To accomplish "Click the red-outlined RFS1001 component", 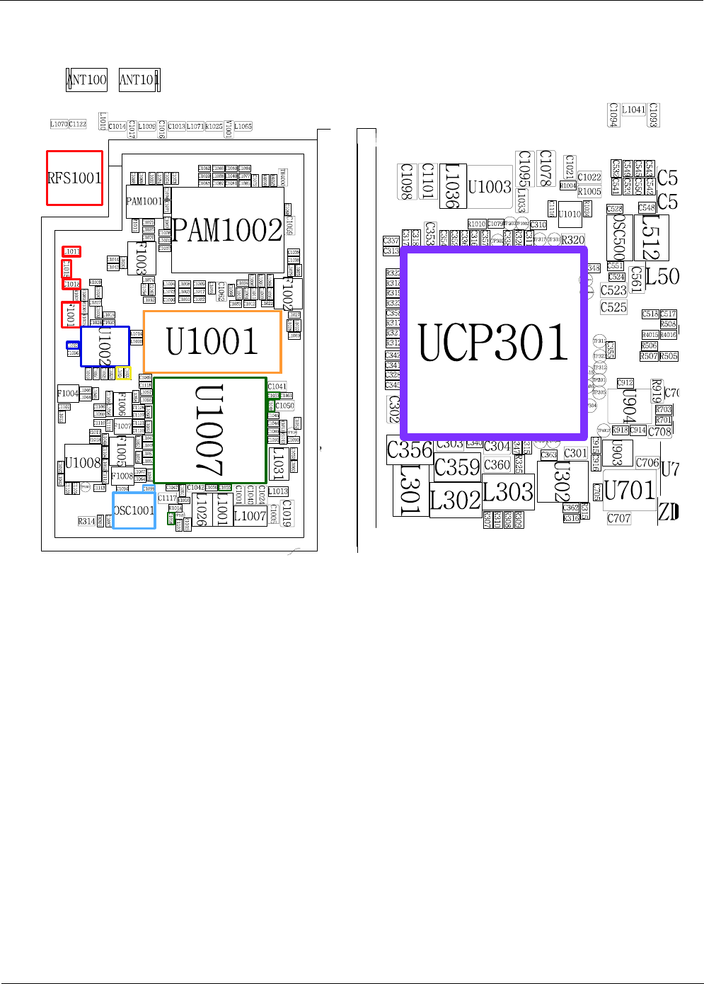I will [x=74, y=178].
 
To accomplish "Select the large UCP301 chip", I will [x=494, y=342].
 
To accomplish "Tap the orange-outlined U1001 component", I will [x=212, y=342].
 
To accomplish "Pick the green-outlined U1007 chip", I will [x=210, y=430].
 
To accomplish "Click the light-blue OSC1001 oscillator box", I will [x=134, y=510].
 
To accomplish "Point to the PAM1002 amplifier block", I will [x=227, y=230].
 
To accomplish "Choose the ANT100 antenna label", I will [x=87, y=79].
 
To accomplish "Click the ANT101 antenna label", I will [x=139, y=79].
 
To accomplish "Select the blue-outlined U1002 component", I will [x=105, y=346].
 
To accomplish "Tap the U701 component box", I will [x=629, y=489].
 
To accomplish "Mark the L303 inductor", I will [x=508, y=492].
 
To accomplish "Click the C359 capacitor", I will [x=457, y=467].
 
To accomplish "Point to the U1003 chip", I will [x=490, y=188].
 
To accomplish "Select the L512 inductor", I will [x=651, y=237].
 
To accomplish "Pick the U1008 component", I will [x=83, y=463].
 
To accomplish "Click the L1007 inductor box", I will [x=250, y=516].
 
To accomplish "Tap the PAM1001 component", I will [x=144, y=202].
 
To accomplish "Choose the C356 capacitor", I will [x=409, y=450].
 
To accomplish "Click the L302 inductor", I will [x=455, y=500].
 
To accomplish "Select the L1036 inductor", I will [x=452, y=186].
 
